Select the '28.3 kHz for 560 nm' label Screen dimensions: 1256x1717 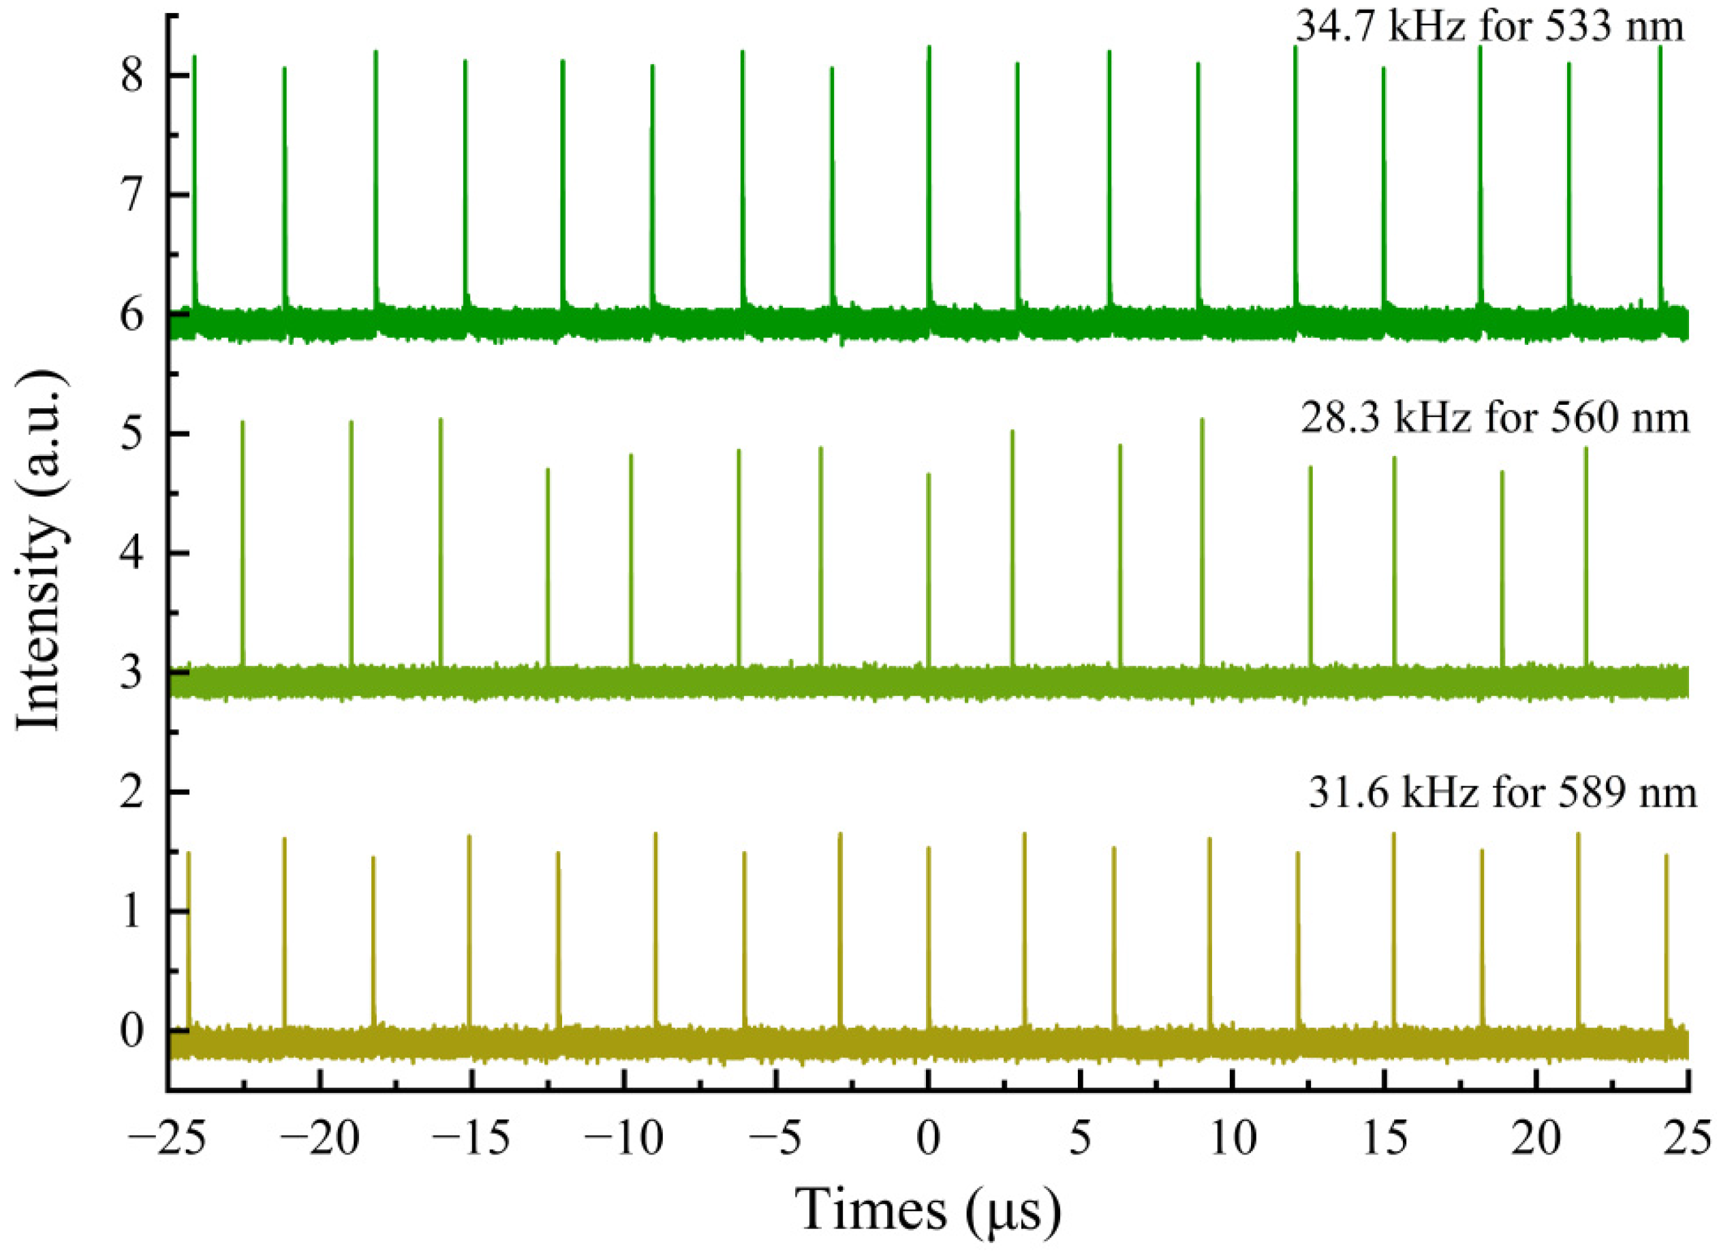point(1494,420)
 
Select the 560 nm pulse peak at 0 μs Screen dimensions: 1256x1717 point(928,475)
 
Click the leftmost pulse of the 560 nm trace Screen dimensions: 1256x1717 point(243,423)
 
